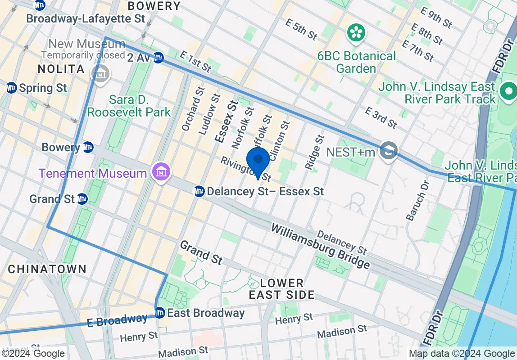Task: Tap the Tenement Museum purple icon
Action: tap(160, 173)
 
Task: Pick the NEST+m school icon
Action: tap(388, 151)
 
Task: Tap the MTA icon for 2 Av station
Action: tap(158, 58)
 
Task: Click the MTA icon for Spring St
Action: tap(11, 87)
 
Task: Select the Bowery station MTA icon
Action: tap(88, 147)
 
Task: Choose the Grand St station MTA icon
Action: tap(82, 198)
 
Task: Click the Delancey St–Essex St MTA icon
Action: tap(199, 191)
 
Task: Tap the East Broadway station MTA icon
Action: tap(159, 312)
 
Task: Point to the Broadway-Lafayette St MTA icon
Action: tap(40, 5)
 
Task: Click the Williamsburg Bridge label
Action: tap(320, 246)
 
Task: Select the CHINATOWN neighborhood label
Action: tap(47, 269)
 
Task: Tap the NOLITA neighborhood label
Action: tap(61, 69)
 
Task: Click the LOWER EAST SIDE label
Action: tap(282, 289)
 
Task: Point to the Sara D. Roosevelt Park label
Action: tap(129, 106)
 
